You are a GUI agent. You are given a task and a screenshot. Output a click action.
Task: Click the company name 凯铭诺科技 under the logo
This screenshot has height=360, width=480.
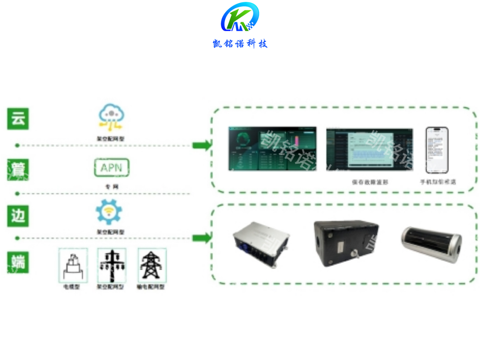240,44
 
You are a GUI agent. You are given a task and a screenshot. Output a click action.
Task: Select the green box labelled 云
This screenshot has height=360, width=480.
18,119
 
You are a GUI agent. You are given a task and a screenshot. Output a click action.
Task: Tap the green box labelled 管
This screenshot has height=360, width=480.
18,170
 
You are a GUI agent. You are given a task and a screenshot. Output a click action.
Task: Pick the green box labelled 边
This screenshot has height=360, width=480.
18,216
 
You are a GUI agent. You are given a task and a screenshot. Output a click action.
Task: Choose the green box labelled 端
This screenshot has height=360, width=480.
18,262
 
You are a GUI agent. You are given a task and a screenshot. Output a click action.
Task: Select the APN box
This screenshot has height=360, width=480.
112,168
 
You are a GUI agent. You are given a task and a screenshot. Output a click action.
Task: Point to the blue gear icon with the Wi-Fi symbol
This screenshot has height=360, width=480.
109,212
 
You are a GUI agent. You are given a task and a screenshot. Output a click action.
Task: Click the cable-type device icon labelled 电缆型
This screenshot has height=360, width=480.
73,265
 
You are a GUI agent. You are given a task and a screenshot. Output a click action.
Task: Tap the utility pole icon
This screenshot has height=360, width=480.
112,265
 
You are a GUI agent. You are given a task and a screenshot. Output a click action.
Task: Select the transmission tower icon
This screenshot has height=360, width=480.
152,265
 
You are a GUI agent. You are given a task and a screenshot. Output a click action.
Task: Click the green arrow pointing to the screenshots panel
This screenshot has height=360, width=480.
202,145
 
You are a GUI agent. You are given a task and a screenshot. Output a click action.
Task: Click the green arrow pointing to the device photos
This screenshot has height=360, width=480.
202,238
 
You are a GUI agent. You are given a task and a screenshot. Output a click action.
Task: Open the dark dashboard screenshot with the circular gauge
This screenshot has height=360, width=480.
272,149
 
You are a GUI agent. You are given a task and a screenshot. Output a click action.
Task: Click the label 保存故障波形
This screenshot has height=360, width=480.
370,182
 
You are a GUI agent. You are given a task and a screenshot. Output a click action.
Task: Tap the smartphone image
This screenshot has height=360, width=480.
437,150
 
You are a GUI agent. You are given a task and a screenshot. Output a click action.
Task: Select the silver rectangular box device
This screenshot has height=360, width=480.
261,244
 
